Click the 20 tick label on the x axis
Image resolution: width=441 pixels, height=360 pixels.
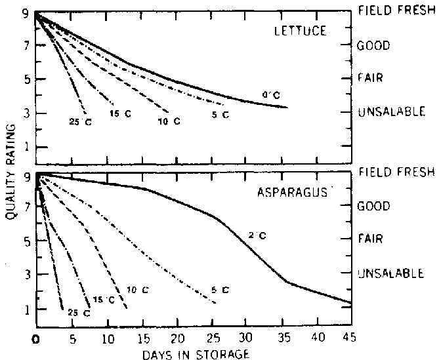(177, 339)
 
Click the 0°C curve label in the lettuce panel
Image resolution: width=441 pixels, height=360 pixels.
(268, 96)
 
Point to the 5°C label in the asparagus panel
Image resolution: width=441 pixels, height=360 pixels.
(220, 289)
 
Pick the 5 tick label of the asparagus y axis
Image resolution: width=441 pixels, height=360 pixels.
(26, 241)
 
